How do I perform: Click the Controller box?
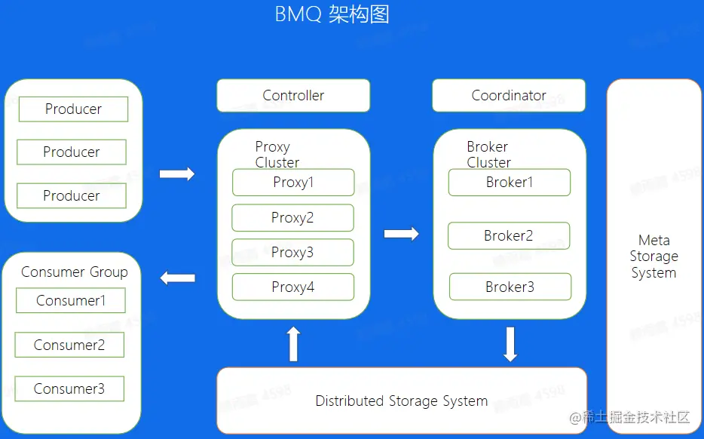[x=293, y=96]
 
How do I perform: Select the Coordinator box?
[x=509, y=96]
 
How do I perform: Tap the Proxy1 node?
[x=293, y=183]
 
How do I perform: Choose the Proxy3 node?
[x=292, y=253]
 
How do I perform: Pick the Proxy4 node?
[x=293, y=287]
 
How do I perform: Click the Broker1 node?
[x=510, y=183]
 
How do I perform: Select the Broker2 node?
[x=509, y=236]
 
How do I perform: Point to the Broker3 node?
[x=510, y=287]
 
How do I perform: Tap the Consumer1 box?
[x=71, y=301]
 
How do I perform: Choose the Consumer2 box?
[x=69, y=345]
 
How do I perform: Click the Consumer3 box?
[x=69, y=389]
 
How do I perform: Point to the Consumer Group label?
[x=75, y=272]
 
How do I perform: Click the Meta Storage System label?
[x=653, y=256]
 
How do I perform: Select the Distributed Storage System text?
[x=401, y=401]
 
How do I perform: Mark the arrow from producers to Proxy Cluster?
[x=177, y=174]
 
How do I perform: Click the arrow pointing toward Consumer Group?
[x=177, y=278]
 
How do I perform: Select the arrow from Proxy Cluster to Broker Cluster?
[x=401, y=234]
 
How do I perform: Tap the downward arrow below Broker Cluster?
[x=510, y=344]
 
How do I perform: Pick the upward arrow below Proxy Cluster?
[x=294, y=344]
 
